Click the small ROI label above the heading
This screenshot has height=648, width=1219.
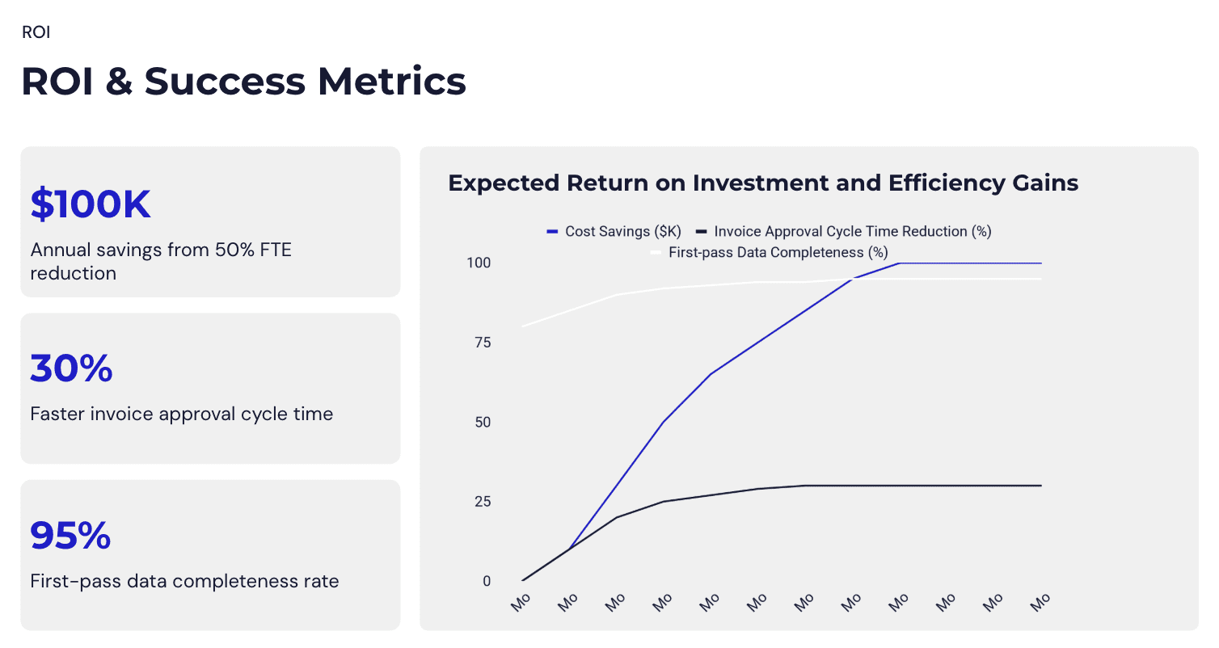pyautogui.click(x=36, y=33)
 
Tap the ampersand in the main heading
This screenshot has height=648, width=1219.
pyautogui.click(x=118, y=82)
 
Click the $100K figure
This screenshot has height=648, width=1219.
pyautogui.click(x=91, y=204)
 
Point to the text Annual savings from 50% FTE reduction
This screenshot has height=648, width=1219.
pyautogui.click(x=160, y=261)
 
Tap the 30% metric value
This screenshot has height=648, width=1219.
pyautogui.click(x=71, y=368)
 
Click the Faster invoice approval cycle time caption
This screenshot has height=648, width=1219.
pyautogui.click(x=181, y=414)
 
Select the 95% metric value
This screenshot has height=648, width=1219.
pyautogui.click(x=70, y=536)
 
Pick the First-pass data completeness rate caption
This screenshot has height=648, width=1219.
pyautogui.click(x=184, y=581)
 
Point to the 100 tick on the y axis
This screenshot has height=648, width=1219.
pyautogui.click(x=479, y=263)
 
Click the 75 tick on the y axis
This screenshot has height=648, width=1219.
pyautogui.click(x=482, y=343)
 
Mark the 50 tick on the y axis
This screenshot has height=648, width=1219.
pyautogui.click(x=482, y=423)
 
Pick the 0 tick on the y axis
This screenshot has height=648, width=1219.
pyautogui.click(x=487, y=581)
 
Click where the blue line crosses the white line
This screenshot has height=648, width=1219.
pyautogui.click(x=852, y=280)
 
